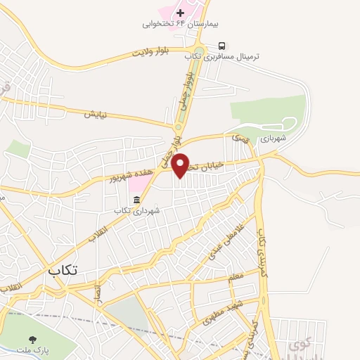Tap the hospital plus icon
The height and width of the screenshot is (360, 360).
[181, 13]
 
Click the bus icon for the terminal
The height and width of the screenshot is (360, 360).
[222, 44]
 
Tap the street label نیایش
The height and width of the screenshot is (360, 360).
[95, 113]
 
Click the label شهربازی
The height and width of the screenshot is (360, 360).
[274, 139]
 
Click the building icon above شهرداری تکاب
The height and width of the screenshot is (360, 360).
[136, 199]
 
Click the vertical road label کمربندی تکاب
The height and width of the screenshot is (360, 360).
[262, 253]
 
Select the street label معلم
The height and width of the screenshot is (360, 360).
[236, 276]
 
